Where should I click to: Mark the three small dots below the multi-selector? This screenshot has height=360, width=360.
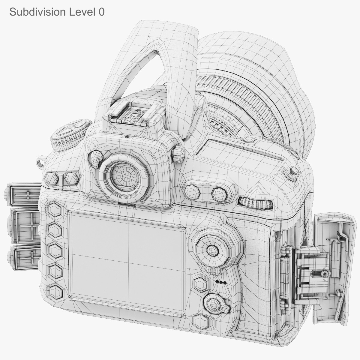click(221, 282)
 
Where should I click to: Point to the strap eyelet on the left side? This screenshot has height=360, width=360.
click(40, 162)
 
